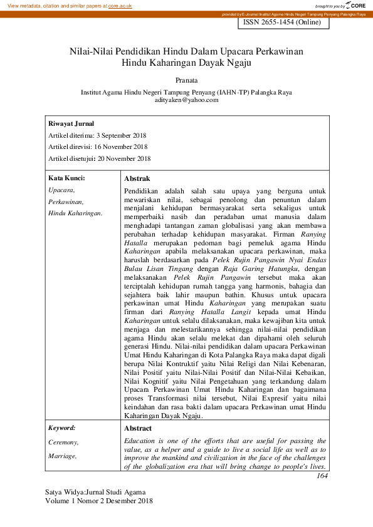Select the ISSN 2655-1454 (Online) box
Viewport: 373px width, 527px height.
click(281, 23)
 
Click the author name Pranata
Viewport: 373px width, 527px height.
click(186, 79)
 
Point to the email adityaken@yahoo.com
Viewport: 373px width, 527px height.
click(186, 100)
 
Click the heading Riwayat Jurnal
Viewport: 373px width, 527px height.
click(71, 124)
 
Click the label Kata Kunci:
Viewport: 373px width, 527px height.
click(66, 178)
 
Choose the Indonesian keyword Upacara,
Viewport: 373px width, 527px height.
click(61, 190)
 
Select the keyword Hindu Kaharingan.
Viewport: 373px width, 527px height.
click(75, 213)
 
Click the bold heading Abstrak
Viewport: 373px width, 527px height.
click(137, 178)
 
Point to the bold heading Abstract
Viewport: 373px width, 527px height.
click(138, 428)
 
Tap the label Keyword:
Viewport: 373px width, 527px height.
click(62, 428)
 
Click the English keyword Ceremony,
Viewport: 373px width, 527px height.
click(63, 443)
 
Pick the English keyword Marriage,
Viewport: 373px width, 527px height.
click(63, 456)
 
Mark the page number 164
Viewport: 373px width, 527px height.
click(322, 476)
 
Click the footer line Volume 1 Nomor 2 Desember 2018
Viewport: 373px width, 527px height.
click(99, 501)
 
